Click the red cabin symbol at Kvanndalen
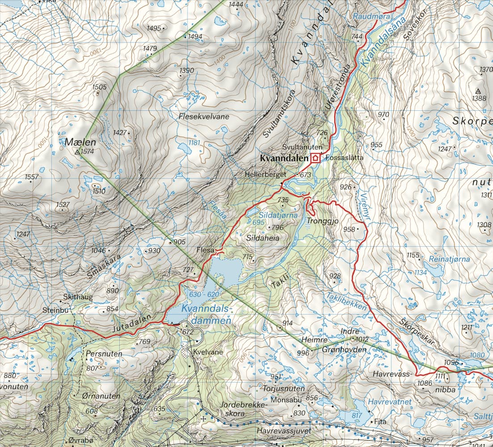point(316,158)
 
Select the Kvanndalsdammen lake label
point(206,315)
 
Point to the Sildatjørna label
point(278,215)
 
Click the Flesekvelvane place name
point(203,117)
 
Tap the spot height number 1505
point(99,87)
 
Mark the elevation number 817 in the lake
point(356,416)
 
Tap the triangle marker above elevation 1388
point(479,91)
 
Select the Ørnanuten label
point(101,396)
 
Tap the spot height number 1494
point(195,37)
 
